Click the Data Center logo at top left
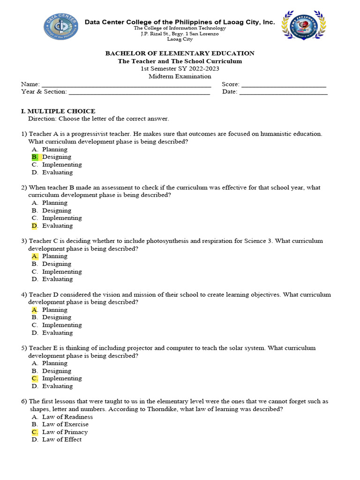61,27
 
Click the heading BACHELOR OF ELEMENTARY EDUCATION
180,53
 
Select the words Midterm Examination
180,76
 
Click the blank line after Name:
127,85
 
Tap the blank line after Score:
284,85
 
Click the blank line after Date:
283,92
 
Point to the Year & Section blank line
139,92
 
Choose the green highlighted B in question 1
35,157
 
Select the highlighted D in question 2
35,226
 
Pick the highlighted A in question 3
35,256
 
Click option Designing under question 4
57,317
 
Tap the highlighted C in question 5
35,379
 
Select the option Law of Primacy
65,432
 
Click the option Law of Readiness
67,417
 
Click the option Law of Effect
62,440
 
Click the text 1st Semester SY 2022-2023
180,69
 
